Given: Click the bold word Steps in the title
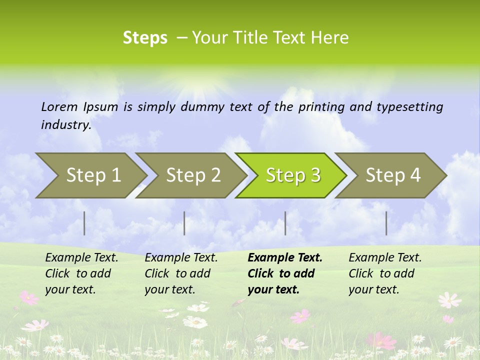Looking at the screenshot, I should click(145, 38).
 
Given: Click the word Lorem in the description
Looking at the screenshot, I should click(59, 107).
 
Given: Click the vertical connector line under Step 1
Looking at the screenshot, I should click(84, 223).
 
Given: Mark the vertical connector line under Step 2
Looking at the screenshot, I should click(184, 223).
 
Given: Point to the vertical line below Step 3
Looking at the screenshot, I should click(285, 223).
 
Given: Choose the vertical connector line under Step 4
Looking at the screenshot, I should click(386, 223).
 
